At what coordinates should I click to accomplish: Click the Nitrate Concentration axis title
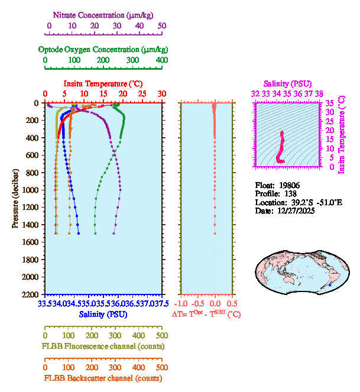tap(103, 14)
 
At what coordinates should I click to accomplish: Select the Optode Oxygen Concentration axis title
tap(103, 49)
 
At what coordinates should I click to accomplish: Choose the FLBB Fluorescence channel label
tap(103, 346)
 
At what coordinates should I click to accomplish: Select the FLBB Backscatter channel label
tap(103, 378)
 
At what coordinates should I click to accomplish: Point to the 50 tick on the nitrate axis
tap(162, 25)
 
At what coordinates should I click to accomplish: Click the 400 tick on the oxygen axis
tap(161, 60)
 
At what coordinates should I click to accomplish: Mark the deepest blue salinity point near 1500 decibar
tap(79, 234)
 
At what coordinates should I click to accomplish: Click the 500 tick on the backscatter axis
tap(161, 367)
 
